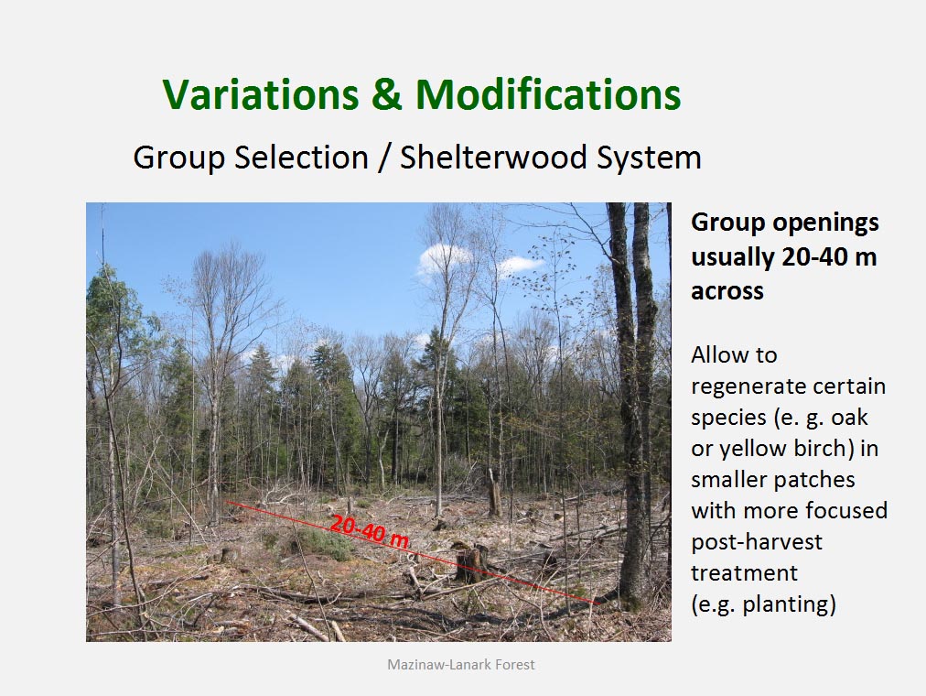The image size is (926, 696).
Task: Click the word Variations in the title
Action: [x=261, y=94]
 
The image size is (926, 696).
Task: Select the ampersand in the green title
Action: [x=387, y=94]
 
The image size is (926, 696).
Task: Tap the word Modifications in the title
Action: [x=548, y=94]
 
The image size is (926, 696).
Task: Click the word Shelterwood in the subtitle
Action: [x=493, y=158]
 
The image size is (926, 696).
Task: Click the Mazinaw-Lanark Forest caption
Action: [x=460, y=665]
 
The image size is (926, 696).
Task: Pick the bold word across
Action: [x=727, y=290]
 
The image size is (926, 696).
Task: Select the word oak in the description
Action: [x=849, y=417]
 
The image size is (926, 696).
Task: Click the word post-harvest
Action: [x=757, y=542]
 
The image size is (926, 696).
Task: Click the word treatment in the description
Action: [x=744, y=573]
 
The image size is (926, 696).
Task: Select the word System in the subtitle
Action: [x=649, y=158]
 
